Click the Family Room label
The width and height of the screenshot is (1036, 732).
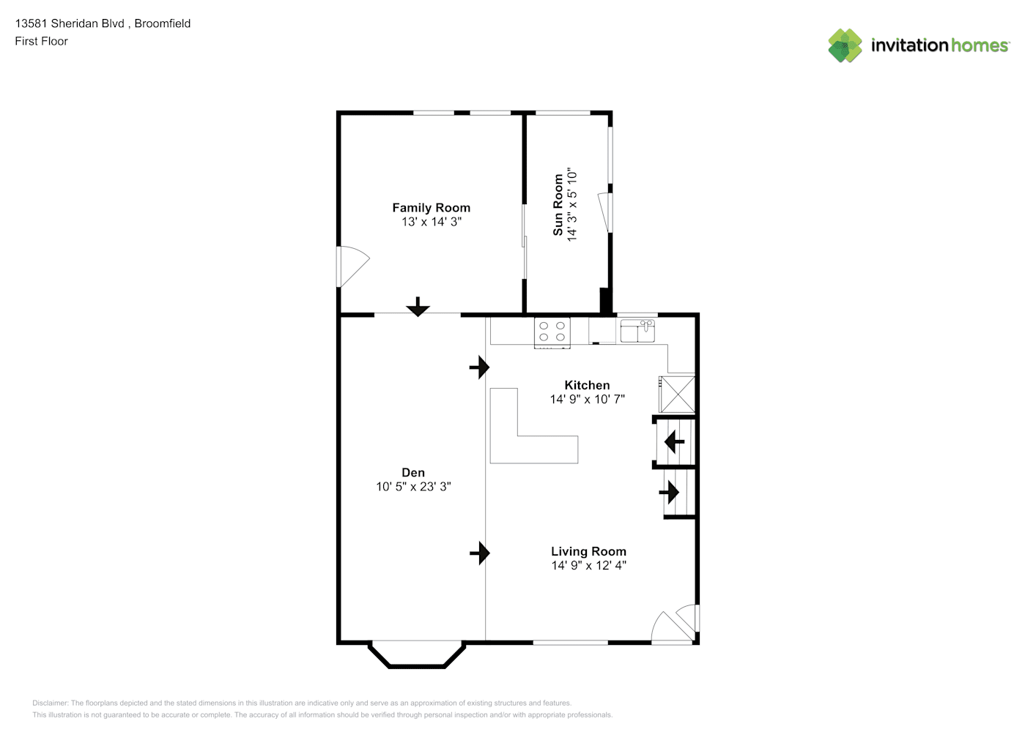(x=431, y=208)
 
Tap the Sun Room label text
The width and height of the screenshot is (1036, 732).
(x=558, y=205)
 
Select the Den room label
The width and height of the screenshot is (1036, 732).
(x=413, y=472)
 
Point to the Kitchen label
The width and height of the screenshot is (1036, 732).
(x=587, y=385)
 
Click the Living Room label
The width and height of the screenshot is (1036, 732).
(x=588, y=551)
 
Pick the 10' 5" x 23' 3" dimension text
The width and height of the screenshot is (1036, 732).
(x=413, y=486)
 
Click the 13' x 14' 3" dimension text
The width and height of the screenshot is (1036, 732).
(x=431, y=222)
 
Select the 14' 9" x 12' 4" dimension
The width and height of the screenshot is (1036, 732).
(x=588, y=565)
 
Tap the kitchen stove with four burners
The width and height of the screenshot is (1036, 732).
(x=552, y=333)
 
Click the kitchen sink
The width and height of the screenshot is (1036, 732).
(x=637, y=331)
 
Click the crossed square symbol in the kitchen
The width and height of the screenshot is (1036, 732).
(x=677, y=395)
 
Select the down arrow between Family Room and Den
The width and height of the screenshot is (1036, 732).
(x=418, y=307)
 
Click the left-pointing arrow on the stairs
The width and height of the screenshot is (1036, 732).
(x=674, y=442)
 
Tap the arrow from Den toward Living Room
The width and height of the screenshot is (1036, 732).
(x=480, y=553)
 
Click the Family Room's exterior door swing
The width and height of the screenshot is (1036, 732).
(x=355, y=266)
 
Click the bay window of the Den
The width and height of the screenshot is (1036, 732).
(x=417, y=655)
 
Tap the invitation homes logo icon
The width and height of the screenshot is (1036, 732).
(x=845, y=45)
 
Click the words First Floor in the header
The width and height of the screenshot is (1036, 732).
(x=41, y=41)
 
